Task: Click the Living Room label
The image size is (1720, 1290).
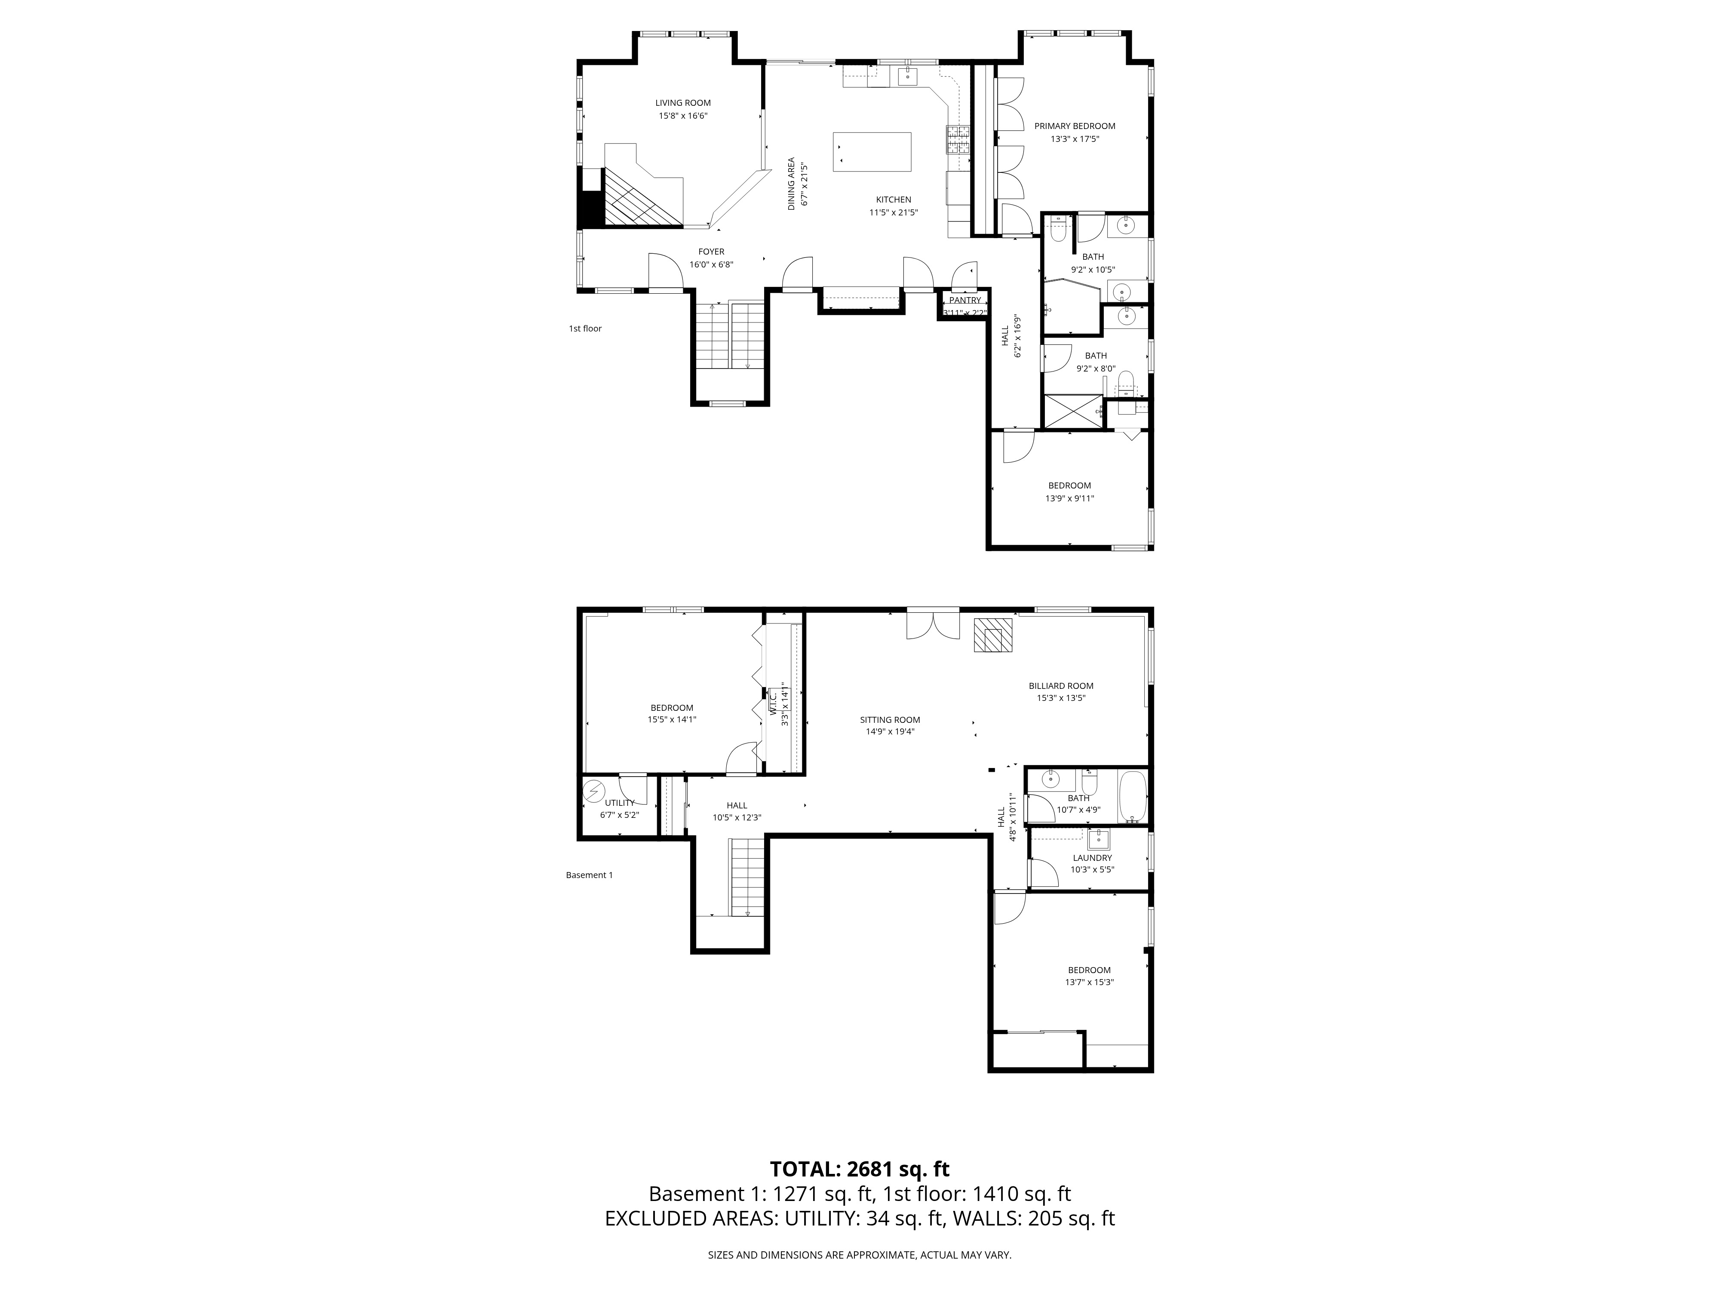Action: [683, 103]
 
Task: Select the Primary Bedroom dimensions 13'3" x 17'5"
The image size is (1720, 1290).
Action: [1075, 139]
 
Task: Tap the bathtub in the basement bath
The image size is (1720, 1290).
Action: [1131, 797]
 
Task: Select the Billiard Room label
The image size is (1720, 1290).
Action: [1061, 686]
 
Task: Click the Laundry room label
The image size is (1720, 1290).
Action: [1092, 858]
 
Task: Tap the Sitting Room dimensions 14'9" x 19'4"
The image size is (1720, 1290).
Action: [890, 732]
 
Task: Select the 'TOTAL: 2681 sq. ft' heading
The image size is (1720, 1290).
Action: [859, 1191]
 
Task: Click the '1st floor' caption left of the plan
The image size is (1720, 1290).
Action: [585, 329]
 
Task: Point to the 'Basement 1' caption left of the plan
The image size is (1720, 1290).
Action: [589, 875]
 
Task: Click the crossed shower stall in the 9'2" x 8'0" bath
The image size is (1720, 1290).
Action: [1072, 412]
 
